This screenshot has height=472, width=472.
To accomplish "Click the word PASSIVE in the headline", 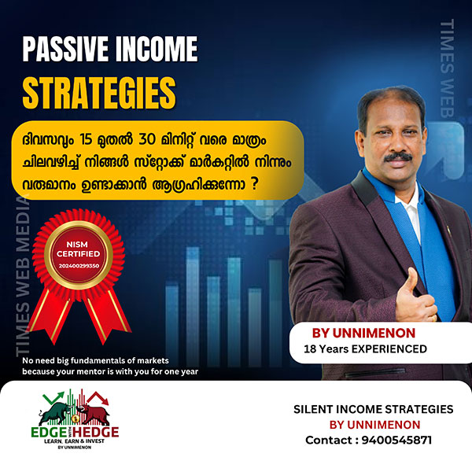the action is pyautogui.click(x=65, y=49).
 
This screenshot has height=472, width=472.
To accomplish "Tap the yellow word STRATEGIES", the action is pyautogui.click(x=99, y=93).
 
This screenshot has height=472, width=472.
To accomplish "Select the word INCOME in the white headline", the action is pyautogui.click(x=157, y=49).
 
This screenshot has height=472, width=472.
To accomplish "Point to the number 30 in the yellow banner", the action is pyautogui.click(x=147, y=140).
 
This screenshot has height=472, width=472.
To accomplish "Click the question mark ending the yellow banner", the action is pyautogui.click(x=255, y=183).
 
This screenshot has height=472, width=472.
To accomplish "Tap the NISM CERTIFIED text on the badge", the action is pyautogui.click(x=78, y=249).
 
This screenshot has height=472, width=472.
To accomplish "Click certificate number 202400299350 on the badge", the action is pyautogui.click(x=79, y=266).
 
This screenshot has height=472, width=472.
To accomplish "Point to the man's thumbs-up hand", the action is pyautogui.click(x=415, y=299).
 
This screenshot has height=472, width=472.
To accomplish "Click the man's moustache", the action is pyautogui.click(x=398, y=157).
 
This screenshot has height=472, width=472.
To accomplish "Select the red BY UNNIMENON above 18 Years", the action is pyautogui.click(x=363, y=334).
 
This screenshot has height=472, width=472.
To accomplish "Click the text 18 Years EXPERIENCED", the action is pyautogui.click(x=365, y=348).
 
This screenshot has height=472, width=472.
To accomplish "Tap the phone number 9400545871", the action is pyautogui.click(x=396, y=440).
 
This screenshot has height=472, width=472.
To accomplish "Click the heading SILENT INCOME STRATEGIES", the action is pyautogui.click(x=373, y=409).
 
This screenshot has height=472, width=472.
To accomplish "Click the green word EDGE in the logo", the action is pyautogui.click(x=49, y=432).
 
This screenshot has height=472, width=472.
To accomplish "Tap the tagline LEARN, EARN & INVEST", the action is pyautogui.click(x=74, y=441).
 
